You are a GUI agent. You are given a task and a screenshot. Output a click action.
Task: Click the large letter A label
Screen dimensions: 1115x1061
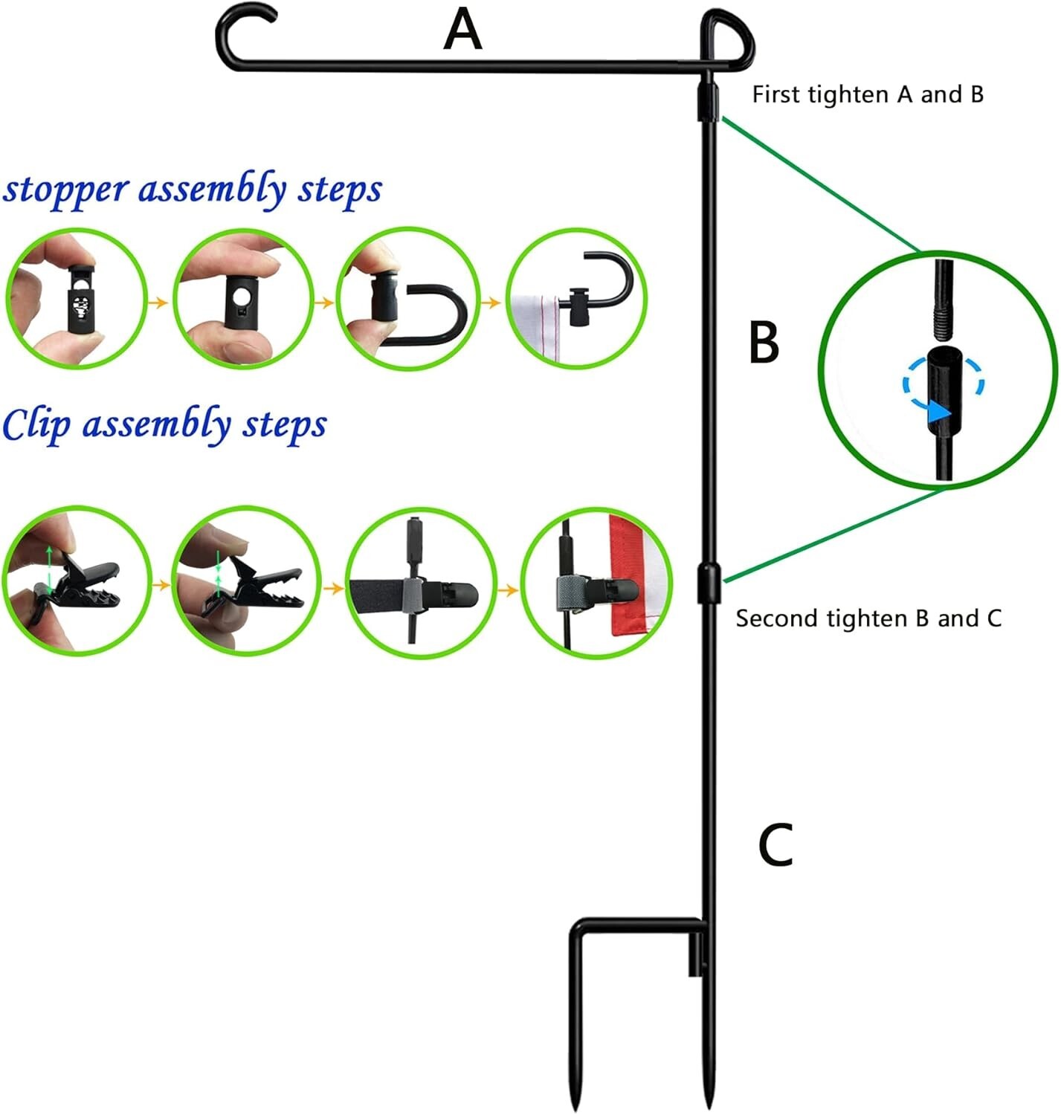(x=462, y=31)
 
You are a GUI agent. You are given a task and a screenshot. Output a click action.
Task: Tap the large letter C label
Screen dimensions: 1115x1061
(x=775, y=845)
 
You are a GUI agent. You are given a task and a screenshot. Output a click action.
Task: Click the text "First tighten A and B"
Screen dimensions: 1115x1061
(x=868, y=94)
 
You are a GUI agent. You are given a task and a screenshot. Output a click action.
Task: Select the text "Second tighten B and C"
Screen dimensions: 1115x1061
(x=868, y=618)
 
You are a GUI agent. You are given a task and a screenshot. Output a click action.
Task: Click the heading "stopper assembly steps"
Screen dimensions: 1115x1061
(x=193, y=189)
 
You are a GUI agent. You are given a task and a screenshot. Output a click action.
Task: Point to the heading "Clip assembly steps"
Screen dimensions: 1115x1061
(x=164, y=424)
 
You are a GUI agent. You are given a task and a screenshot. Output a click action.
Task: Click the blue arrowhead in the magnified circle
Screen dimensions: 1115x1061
(x=941, y=412)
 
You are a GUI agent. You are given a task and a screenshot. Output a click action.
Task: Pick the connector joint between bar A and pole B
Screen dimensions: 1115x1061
(x=708, y=102)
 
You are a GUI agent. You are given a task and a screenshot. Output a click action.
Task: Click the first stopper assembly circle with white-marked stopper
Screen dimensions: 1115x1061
(x=76, y=298)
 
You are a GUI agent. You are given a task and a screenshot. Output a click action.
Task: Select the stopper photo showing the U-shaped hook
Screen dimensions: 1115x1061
(x=407, y=298)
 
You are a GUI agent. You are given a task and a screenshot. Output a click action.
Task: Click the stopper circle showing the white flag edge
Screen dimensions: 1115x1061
(x=576, y=298)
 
